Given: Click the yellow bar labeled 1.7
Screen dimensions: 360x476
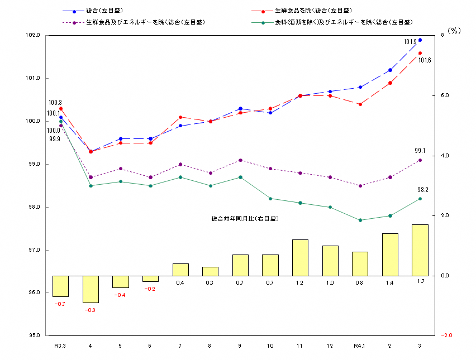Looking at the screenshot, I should coord(420,250).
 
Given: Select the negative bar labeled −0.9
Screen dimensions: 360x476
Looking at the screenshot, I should coord(90,289).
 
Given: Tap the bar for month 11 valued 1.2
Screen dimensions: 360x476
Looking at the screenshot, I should coord(300,257).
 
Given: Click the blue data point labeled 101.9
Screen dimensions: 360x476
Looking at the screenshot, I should coord(420,40).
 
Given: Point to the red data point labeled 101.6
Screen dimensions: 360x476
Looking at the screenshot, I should coord(420,53).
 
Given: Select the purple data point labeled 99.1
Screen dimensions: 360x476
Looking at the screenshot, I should coord(420,160).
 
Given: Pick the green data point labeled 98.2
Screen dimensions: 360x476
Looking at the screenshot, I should coord(420,199).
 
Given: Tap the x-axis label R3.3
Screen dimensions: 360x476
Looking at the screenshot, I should coord(60,346).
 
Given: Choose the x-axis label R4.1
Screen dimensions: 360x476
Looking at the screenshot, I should coord(360,346).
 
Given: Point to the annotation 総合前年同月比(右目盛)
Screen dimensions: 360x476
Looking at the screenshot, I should coord(245,219).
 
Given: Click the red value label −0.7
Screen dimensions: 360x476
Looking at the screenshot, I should coord(60,304).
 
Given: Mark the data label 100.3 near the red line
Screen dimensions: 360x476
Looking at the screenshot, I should coord(55,103).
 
